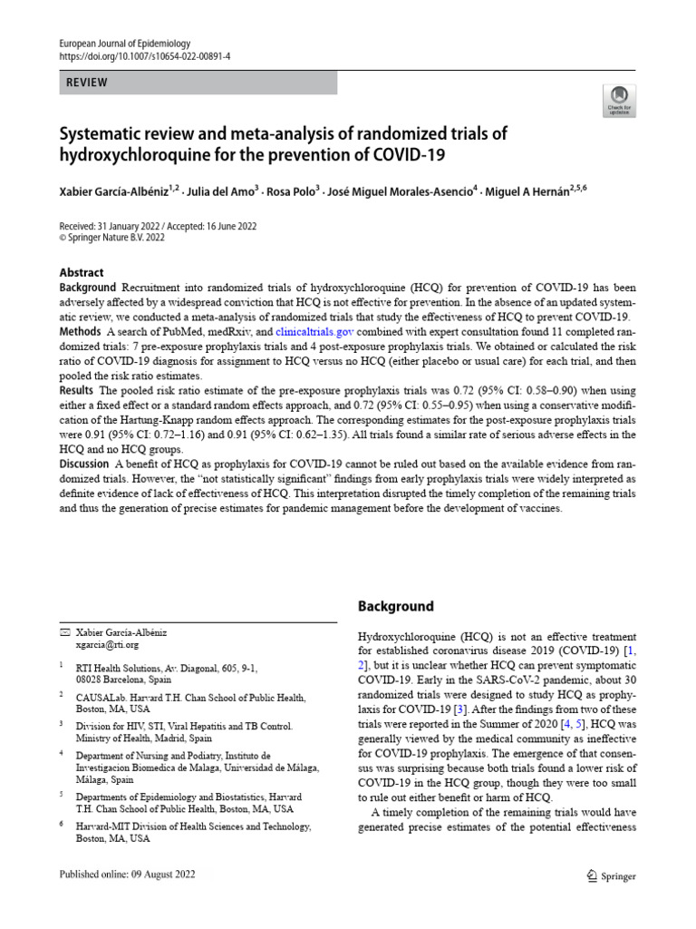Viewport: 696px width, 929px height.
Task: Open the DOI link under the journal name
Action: click(144, 56)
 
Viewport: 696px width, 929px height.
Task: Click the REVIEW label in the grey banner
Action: click(87, 83)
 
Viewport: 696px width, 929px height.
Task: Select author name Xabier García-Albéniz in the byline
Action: click(119, 191)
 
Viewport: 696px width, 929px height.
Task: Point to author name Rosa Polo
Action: click(292, 191)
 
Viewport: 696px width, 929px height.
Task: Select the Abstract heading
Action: click(82, 272)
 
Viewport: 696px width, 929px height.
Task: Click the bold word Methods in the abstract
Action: click(80, 333)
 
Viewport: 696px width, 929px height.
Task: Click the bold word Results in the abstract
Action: click(77, 389)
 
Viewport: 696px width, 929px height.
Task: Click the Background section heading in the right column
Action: click(395, 606)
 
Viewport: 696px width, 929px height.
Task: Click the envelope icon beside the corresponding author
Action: click(64, 631)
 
